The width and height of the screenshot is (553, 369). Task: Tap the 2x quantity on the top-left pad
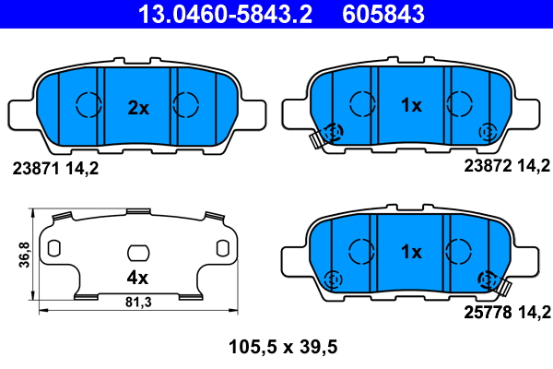point(137,108)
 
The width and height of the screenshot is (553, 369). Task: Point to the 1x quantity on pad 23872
point(411,105)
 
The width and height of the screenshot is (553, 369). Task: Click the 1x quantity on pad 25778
point(411,251)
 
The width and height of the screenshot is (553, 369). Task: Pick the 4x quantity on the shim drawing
point(137,276)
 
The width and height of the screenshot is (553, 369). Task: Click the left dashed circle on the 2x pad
point(88,105)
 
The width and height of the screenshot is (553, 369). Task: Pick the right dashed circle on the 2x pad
point(187,105)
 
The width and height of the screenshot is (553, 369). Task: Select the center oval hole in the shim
point(137,252)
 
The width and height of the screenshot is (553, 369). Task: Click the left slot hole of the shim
point(53,247)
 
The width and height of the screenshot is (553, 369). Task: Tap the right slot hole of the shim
point(222,247)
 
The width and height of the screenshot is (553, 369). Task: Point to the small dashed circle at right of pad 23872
point(486,133)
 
